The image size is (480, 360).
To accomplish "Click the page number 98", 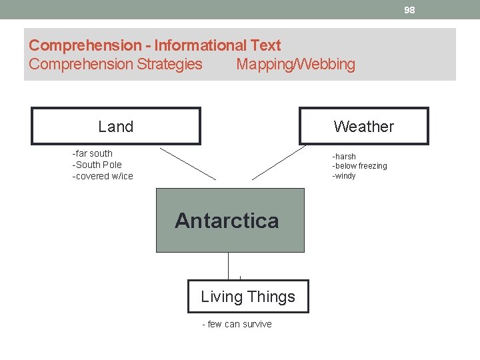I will pyautogui.click(x=409, y=10).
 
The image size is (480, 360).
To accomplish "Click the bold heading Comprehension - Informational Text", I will pyautogui.click(x=155, y=46).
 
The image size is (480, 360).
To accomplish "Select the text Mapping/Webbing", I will pyautogui.click(x=295, y=65).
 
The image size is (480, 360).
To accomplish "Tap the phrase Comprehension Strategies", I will pyautogui.click(x=115, y=65).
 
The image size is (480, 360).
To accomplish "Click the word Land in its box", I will pyautogui.click(x=115, y=127).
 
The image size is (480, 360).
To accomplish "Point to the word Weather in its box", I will pyautogui.click(x=363, y=127).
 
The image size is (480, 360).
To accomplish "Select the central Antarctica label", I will pyautogui.click(x=227, y=221).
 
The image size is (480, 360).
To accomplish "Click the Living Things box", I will pyautogui.click(x=248, y=297).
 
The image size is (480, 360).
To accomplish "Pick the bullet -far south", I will pyautogui.click(x=93, y=153).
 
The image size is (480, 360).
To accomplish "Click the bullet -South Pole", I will pyautogui.click(x=97, y=165).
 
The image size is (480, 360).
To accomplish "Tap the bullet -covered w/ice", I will pyautogui.click(x=103, y=176).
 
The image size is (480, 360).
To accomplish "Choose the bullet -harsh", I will pyautogui.click(x=344, y=157).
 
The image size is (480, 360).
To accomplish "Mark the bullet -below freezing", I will pyautogui.click(x=359, y=166).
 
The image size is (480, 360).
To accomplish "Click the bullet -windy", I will pyautogui.click(x=344, y=176).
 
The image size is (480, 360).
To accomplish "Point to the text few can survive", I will pyautogui.click(x=239, y=324).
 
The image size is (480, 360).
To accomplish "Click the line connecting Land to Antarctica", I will pyautogui.click(x=188, y=164).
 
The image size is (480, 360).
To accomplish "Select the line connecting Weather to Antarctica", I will pyautogui.click(x=279, y=163).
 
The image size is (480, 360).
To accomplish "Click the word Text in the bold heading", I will pyautogui.click(x=265, y=46).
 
